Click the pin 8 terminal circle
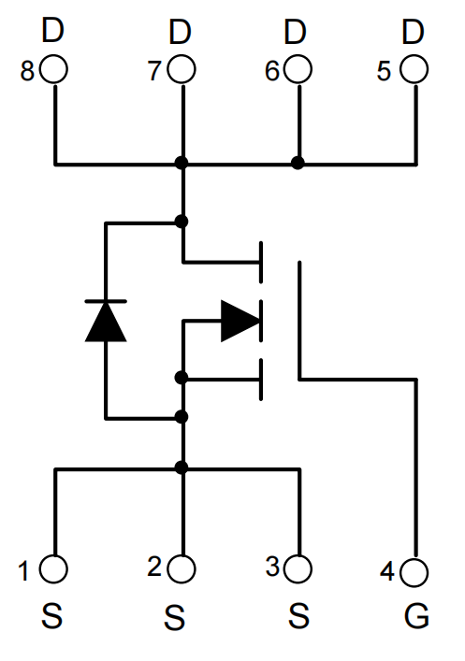coord(53,69)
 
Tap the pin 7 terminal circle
coord(182,69)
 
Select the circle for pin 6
coord(298,69)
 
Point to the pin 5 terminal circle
coord(414,69)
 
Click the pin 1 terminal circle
coord(53,568)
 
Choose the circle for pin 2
coord(182,568)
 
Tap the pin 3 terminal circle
coord(298,568)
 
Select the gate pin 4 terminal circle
coord(414,572)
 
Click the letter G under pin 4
coord(416,616)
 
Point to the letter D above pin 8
coord(52,30)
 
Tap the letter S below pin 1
coord(51,616)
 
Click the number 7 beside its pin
coord(154,71)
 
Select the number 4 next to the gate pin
coord(387,572)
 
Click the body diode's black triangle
coord(106,322)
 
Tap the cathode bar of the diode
coord(106,301)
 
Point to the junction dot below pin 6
coord(298,163)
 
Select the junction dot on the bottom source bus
coord(182,467)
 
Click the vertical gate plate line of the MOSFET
coord(299,321)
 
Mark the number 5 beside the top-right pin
coord(384,71)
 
